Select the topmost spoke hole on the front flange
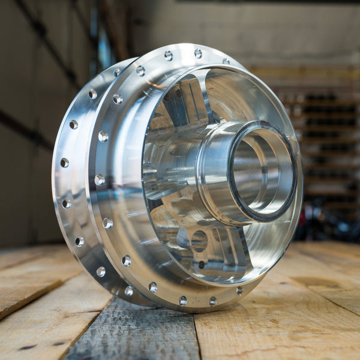point(198,53)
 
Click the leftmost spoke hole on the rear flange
point(64,163)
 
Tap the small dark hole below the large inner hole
point(202,265)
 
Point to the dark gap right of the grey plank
point(198,342)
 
